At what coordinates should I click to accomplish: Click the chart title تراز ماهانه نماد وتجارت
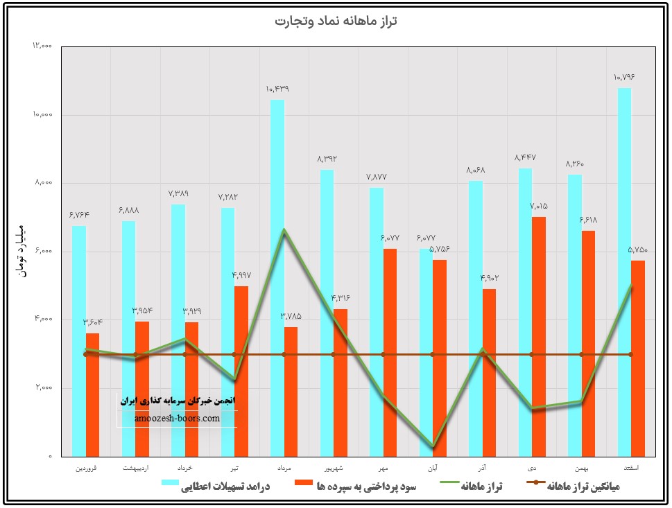tap(336, 21)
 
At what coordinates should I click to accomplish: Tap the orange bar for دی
tap(539, 336)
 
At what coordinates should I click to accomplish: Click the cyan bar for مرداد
tap(277, 277)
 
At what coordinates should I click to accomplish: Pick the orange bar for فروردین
tap(92, 394)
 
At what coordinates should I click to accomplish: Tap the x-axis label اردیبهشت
tap(135, 468)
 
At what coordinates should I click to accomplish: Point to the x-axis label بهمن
tap(581, 468)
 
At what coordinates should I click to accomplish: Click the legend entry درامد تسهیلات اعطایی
tap(225, 487)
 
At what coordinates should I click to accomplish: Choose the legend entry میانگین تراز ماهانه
tap(583, 487)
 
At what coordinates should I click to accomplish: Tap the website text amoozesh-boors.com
tap(178, 419)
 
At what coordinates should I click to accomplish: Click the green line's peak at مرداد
tap(284, 230)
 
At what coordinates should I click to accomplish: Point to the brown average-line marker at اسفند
tap(630, 354)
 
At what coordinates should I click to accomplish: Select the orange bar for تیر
tap(241, 371)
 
